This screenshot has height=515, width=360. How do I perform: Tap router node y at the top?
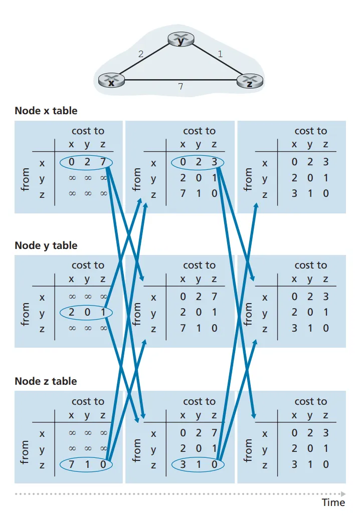click(181, 40)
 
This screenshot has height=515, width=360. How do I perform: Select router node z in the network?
click(249, 81)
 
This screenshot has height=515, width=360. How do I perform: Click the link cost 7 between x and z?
click(181, 87)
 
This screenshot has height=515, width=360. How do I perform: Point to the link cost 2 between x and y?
click(141, 54)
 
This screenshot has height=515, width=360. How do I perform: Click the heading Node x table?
click(46, 111)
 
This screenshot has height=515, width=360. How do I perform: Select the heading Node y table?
click(46, 245)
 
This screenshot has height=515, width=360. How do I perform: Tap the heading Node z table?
click(46, 381)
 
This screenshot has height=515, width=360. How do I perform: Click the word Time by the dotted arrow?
click(333, 502)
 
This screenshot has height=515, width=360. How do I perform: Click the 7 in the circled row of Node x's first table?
click(103, 163)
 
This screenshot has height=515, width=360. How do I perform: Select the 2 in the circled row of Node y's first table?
click(71, 313)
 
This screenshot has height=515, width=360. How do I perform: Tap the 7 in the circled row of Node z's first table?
click(71, 464)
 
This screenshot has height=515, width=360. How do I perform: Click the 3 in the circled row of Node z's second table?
click(183, 464)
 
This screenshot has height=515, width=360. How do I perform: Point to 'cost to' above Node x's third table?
click(310, 131)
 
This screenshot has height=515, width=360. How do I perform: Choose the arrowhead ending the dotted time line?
click(343, 493)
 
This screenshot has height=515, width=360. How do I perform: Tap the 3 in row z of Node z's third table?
click(294, 464)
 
